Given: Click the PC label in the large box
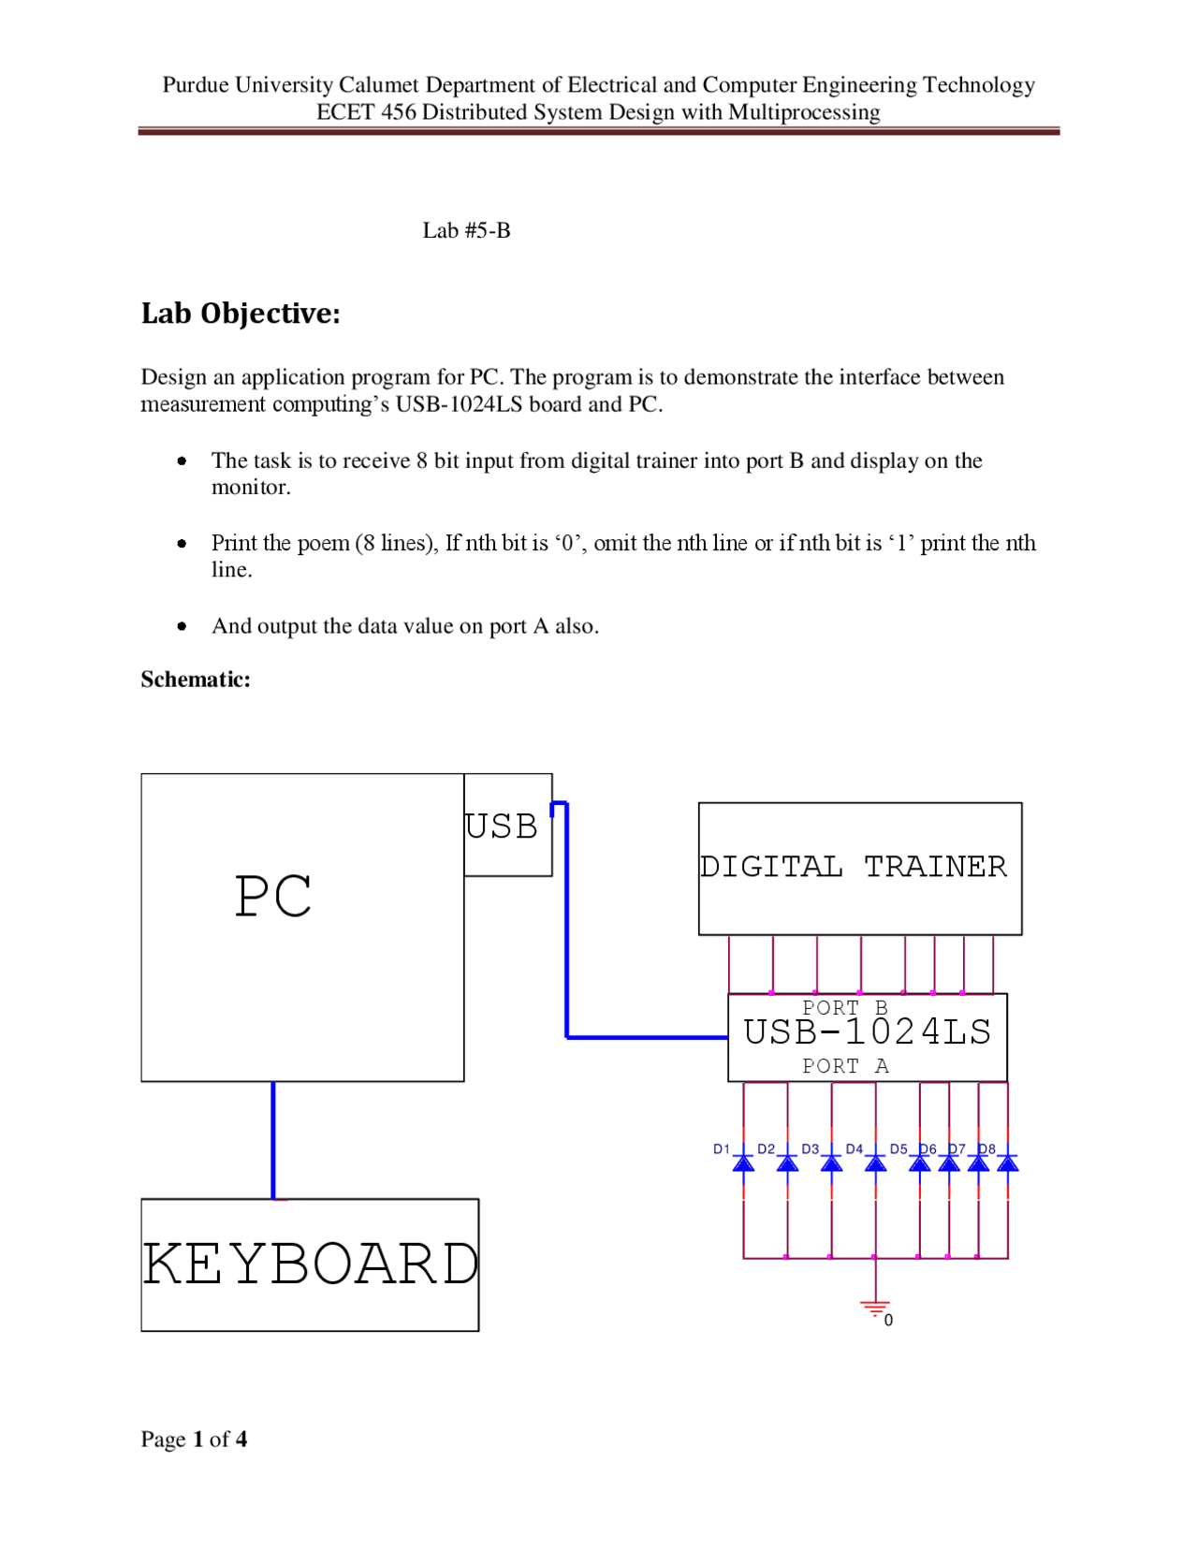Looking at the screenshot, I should (272, 897).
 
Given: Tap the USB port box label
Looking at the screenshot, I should (502, 826).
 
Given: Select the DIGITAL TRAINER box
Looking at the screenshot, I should (859, 868).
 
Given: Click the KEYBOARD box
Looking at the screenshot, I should (310, 1264).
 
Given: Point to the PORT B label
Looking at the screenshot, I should (844, 1007).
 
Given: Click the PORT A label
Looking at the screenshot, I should (845, 1066).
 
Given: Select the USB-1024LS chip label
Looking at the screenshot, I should (867, 1032).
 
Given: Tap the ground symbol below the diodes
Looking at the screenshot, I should (875, 1308).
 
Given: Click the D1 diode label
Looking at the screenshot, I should (721, 1148).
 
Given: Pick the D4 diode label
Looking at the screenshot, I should (854, 1148).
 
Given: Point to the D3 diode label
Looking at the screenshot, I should (810, 1148).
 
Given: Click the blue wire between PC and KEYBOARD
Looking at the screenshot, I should (273, 1139).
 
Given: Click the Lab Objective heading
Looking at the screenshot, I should (241, 314).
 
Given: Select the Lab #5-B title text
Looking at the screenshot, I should (466, 230).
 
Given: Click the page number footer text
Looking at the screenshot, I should (194, 1439).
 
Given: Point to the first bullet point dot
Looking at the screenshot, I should (182, 461).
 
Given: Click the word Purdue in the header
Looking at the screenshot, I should (196, 85).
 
